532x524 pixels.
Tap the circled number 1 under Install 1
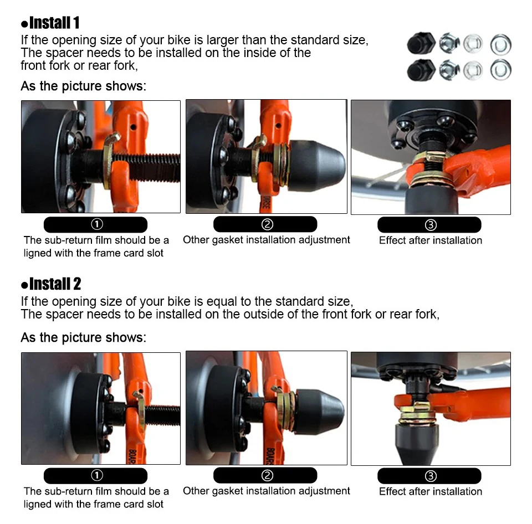coord(97,224)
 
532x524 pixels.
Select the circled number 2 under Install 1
coord(267,224)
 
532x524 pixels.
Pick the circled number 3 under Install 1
coord(431,225)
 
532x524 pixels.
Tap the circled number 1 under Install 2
coord(97,475)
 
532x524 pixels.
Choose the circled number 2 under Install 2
coord(267,475)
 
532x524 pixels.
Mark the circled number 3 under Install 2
coord(431,476)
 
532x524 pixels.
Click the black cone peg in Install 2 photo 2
coord(320,412)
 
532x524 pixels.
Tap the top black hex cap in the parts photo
coord(421,43)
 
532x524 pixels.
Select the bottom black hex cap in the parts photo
coord(421,70)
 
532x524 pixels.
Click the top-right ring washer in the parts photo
coord(501,44)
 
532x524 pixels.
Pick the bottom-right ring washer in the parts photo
coord(501,70)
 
